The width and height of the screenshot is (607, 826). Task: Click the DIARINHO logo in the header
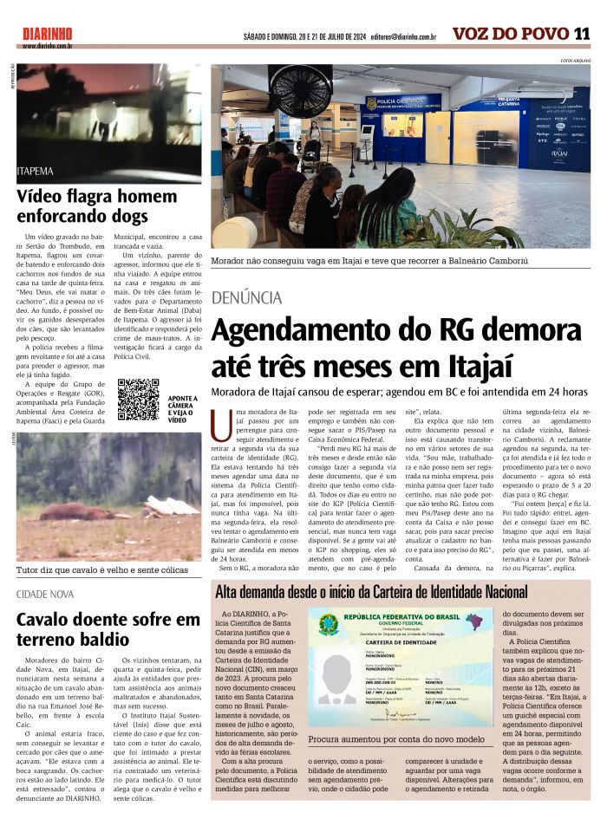[x=48, y=33]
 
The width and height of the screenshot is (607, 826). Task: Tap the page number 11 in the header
[x=582, y=34]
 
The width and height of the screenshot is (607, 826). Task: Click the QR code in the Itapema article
[x=138, y=400]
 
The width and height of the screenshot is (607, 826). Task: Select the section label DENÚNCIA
[x=246, y=297]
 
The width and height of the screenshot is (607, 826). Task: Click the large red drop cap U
[x=221, y=423]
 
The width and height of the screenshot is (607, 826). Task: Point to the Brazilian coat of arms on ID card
[x=328, y=624]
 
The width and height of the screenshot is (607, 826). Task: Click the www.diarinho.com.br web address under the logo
[x=47, y=46]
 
